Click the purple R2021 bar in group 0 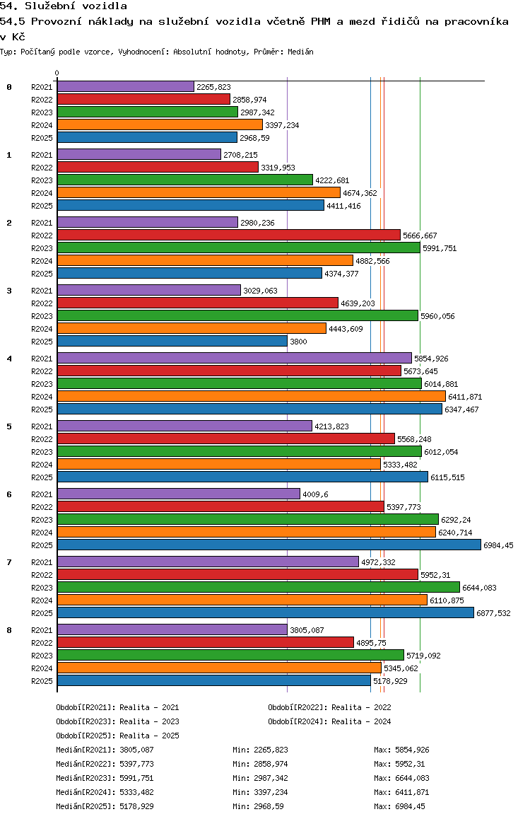tap(125, 86)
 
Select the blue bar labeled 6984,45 tap(269, 545)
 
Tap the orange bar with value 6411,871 tap(251, 396)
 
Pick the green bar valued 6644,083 tap(258, 587)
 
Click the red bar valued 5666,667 tap(228, 235)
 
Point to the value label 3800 tap(298, 342)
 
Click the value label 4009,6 tap(314, 494)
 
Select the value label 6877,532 tap(493, 613)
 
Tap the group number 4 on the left tap(9, 359)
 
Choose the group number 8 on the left tap(9, 630)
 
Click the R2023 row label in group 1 tap(42, 180)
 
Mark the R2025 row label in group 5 tap(42, 477)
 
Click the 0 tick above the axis tap(57, 74)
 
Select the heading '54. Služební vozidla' tap(64, 6)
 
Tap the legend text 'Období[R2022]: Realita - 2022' tap(329, 707)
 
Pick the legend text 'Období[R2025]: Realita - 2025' tap(117, 736)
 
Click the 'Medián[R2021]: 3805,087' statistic tap(105, 750)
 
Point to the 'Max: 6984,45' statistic tap(399, 806)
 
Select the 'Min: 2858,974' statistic tap(260, 764)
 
